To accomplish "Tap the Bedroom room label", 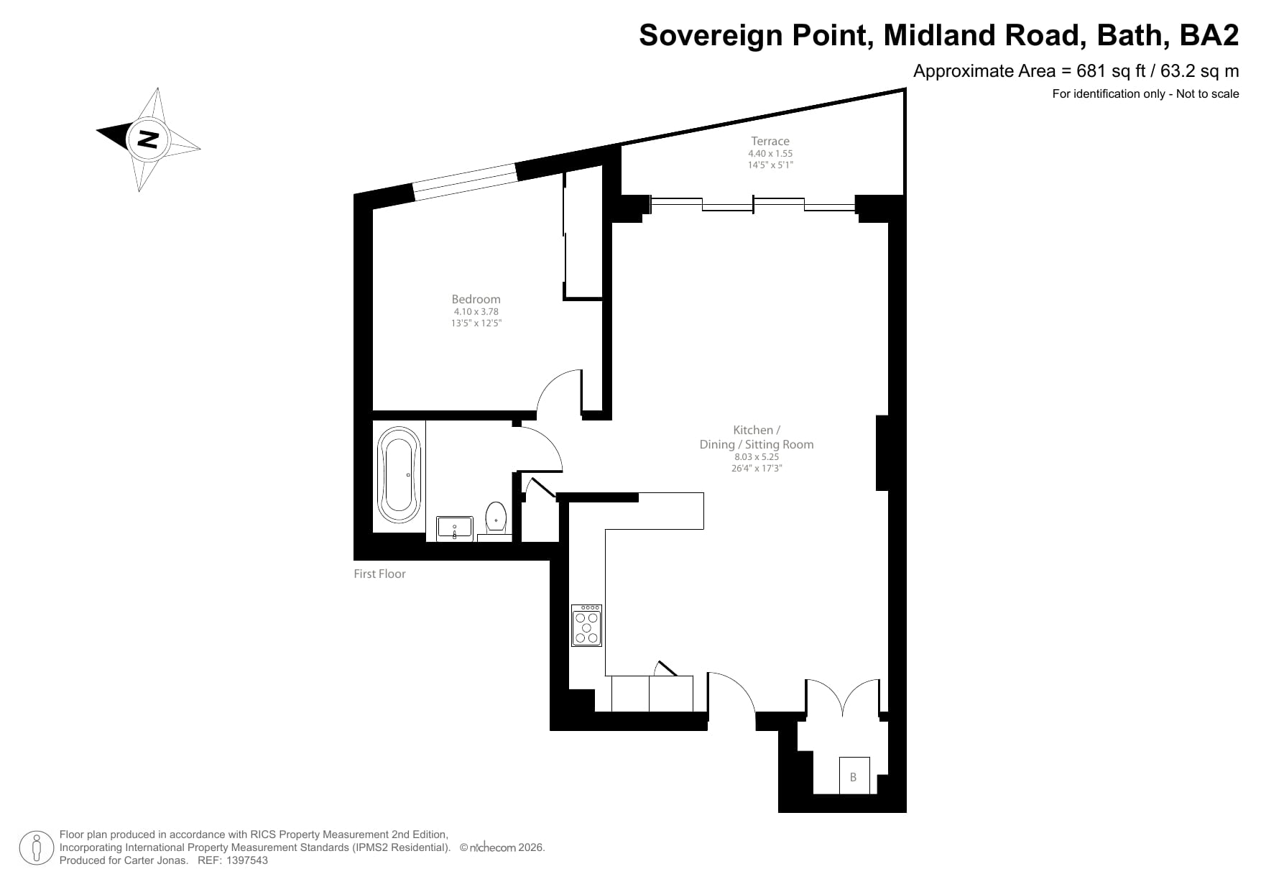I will (x=476, y=299).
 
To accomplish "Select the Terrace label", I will (x=770, y=141).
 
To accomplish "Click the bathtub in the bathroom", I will (x=399, y=475).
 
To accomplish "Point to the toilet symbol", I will (x=496, y=516).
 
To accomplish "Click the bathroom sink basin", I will (x=454, y=528).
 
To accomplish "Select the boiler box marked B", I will (x=854, y=776).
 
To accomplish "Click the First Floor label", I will (x=379, y=574).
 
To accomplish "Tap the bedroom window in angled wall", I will (x=465, y=181).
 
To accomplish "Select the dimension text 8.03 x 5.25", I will (x=757, y=456).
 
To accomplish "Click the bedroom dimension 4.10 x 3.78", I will (x=476, y=312).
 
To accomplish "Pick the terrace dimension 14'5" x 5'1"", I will (x=770, y=165).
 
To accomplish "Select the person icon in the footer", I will (x=37, y=848).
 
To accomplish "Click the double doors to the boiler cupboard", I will (x=842, y=697).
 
